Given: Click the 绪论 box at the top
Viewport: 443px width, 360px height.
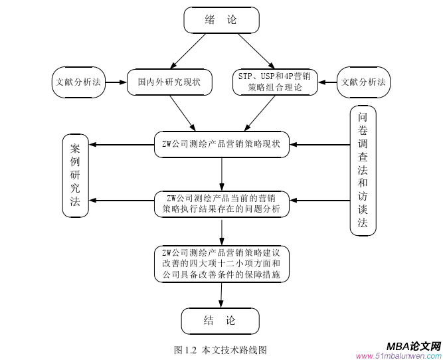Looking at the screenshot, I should click(221, 20).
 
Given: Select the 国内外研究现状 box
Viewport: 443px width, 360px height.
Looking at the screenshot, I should click(169, 82).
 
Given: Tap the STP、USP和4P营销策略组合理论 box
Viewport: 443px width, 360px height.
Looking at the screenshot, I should click(274, 82).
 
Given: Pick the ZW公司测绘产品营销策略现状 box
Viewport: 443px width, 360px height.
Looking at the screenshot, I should click(221, 143).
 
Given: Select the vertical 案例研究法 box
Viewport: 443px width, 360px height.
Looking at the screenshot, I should click(76, 175).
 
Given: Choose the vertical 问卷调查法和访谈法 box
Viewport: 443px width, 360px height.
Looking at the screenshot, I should click(363, 170).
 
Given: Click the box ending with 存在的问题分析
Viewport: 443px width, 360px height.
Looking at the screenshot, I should click(221, 203).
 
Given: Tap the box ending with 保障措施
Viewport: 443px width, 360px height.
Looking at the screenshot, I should click(221, 263).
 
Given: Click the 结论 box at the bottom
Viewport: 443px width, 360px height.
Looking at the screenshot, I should click(220, 321).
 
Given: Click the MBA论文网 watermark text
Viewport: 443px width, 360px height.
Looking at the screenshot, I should click(413, 345).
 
